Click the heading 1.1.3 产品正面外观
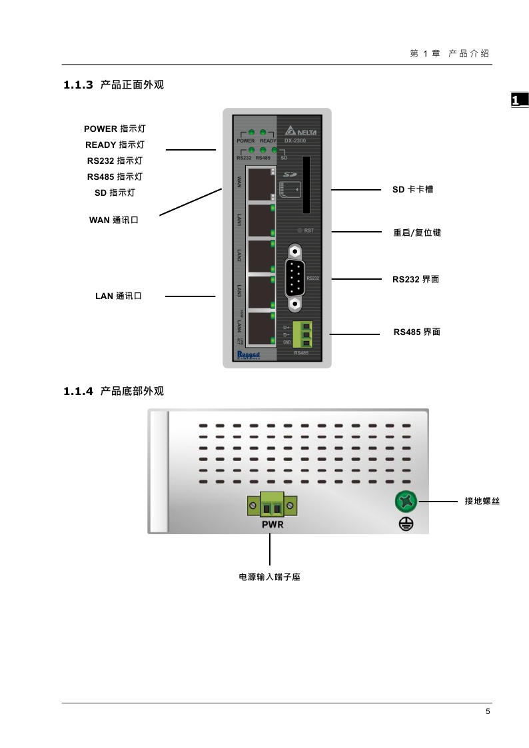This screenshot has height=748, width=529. tap(113, 85)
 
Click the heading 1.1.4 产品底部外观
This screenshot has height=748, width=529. tap(113, 391)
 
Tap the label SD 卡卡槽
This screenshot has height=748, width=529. tap(412, 190)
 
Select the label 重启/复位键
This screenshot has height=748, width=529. tap(417, 232)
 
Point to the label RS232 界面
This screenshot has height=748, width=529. tap(415, 280)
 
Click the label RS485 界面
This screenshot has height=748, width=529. tap(416, 332)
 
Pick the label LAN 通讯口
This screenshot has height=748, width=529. tap(119, 296)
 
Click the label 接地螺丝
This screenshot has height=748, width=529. tap(482, 501)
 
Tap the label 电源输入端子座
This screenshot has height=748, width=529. tap(270, 577)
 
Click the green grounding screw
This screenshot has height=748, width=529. tap(406, 501)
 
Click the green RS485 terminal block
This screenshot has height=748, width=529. tap(305, 334)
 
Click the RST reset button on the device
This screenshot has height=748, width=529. tap(300, 230)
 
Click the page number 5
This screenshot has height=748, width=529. tap(488, 711)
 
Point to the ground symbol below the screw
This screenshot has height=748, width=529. tap(406, 524)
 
